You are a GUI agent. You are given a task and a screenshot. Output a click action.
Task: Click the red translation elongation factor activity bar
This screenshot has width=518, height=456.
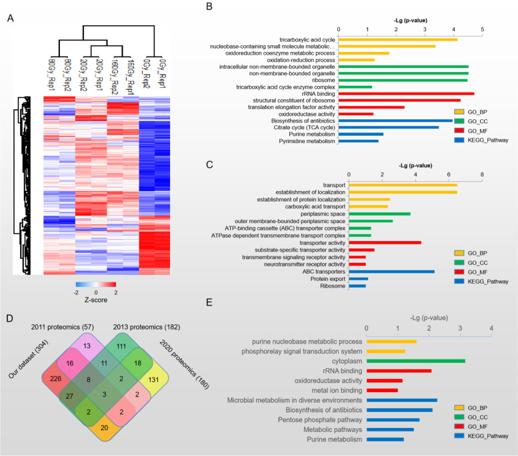tap(371, 107)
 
